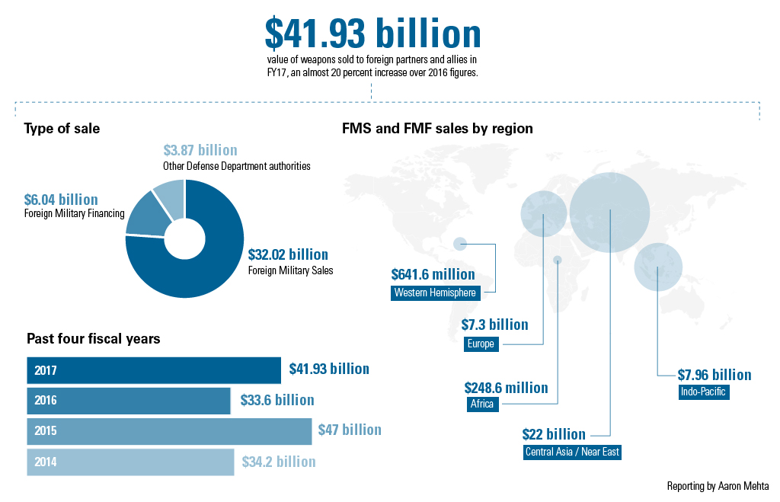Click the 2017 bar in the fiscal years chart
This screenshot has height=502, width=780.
click(x=154, y=370)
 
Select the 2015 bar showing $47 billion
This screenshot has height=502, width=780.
click(x=169, y=431)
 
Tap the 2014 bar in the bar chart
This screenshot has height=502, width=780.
click(x=130, y=462)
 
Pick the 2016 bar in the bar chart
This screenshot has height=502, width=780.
click(x=128, y=401)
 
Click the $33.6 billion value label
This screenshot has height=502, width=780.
click(x=277, y=400)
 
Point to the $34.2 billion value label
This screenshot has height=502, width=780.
click(x=279, y=462)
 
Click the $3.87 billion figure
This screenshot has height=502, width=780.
click(x=200, y=150)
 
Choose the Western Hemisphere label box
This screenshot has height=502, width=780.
click(x=435, y=293)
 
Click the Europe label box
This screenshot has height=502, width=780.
click(x=481, y=344)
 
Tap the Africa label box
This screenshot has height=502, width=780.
click(x=482, y=404)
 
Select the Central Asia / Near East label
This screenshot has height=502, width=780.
click(x=572, y=452)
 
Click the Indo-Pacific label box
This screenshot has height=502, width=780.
click(x=703, y=392)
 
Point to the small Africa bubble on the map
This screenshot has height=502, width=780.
click(x=558, y=260)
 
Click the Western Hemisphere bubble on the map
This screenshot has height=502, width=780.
click(x=460, y=244)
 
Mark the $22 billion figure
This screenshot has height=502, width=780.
click(x=554, y=434)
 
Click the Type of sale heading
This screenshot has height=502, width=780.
click(x=62, y=129)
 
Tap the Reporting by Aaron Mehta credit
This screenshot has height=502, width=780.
click(x=718, y=486)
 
